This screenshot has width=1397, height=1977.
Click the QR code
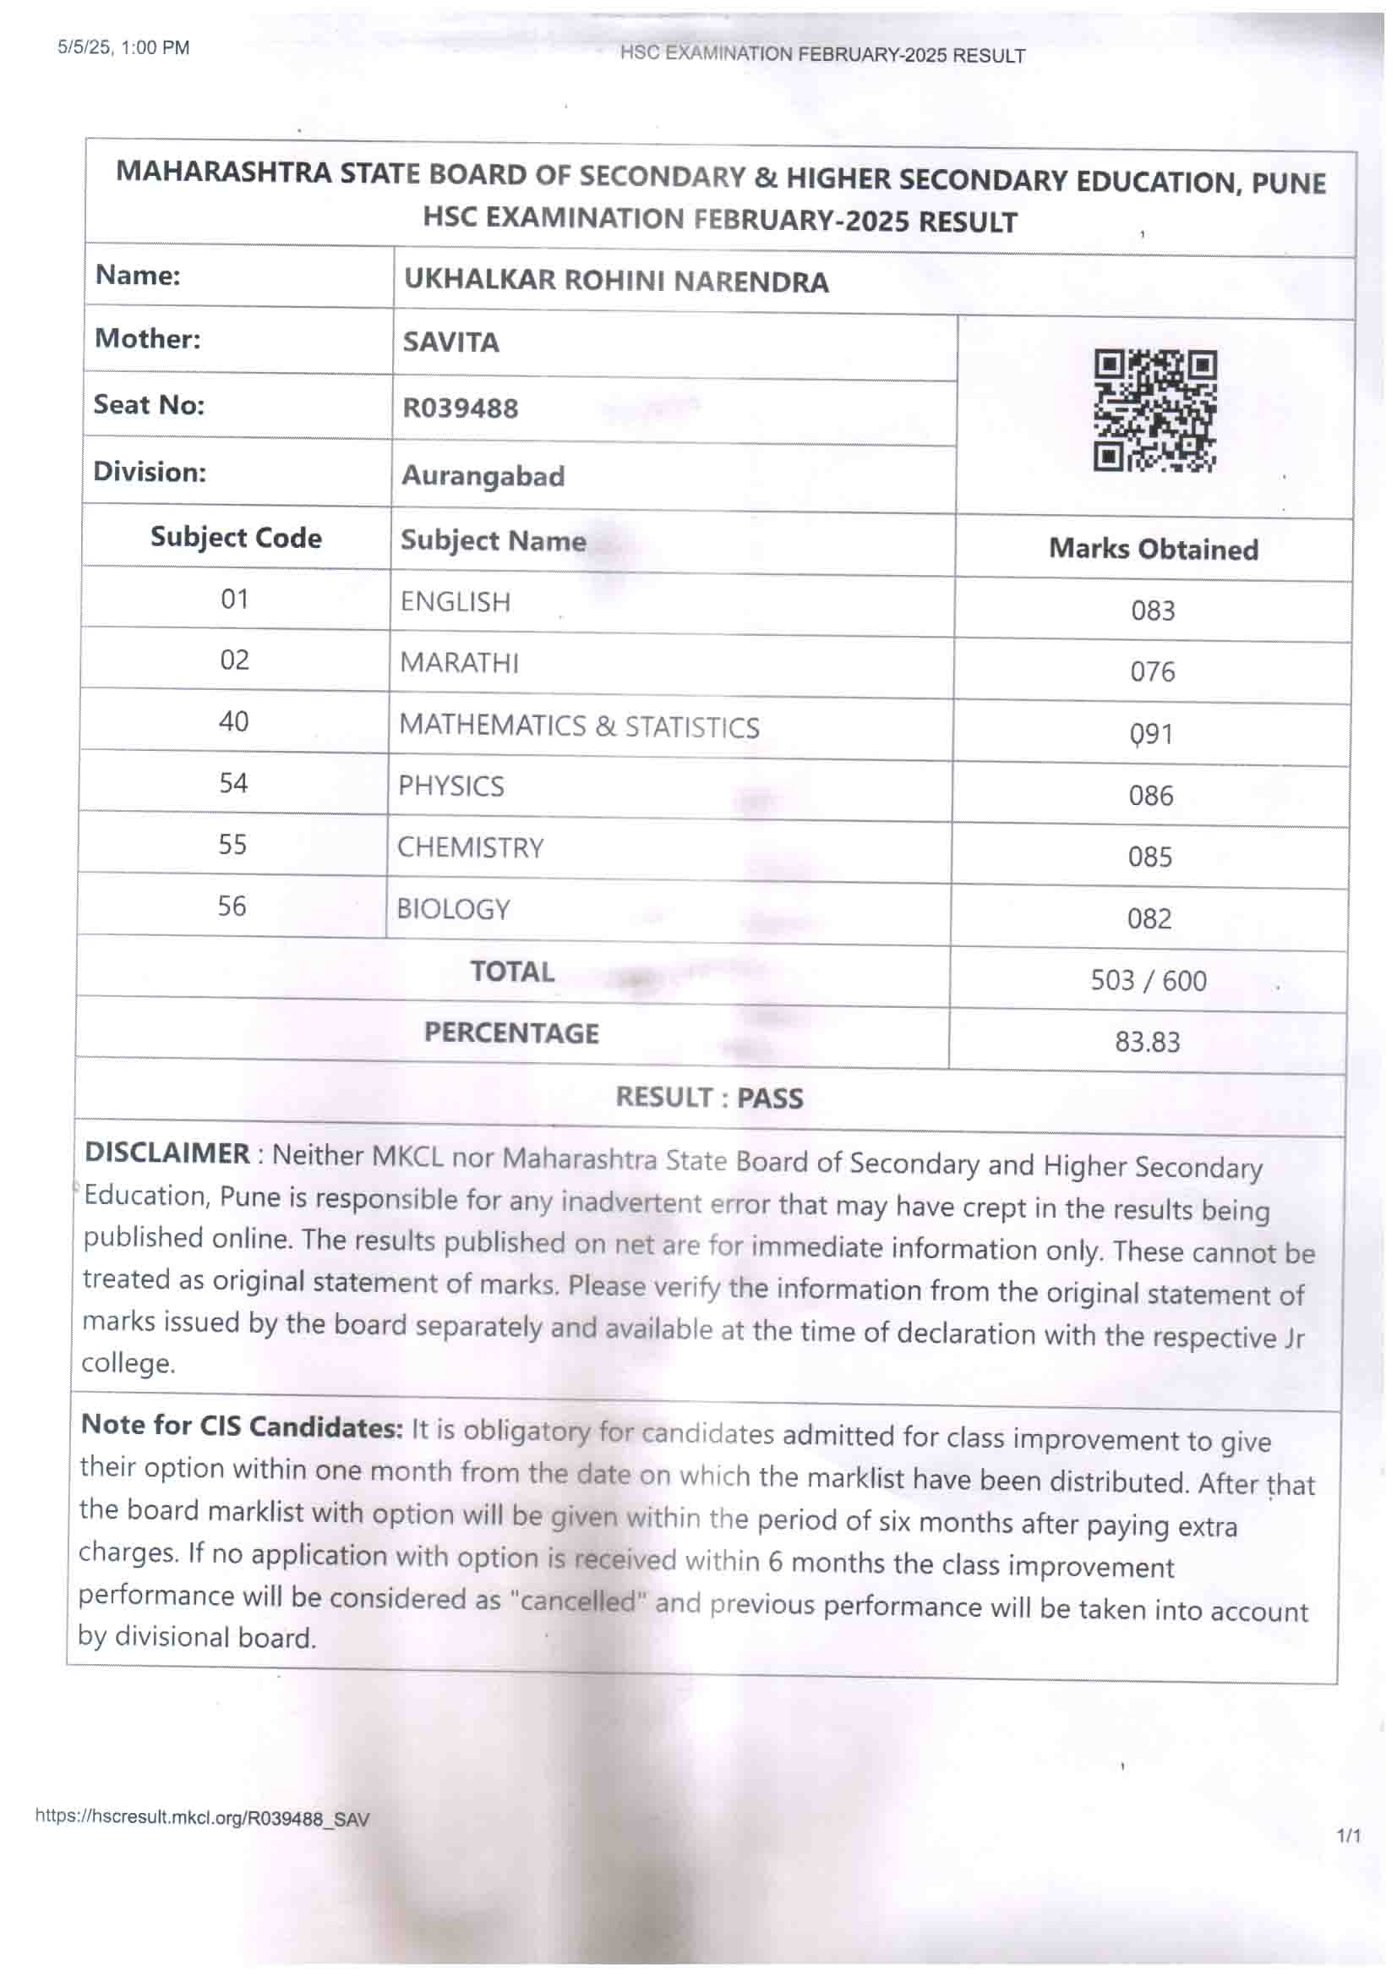(x=1155, y=411)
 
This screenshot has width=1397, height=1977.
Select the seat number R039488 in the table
(x=461, y=408)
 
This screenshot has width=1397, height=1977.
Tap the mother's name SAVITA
(x=451, y=342)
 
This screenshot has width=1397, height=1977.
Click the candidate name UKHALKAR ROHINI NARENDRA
(x=616, y=282)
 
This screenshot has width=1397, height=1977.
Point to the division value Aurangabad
(x=483, y=475)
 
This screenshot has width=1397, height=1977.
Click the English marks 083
(x=1153, y=611)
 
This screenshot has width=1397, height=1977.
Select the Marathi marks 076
(x=1153, y=671)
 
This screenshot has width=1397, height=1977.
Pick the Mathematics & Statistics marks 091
(x=1152, y=734)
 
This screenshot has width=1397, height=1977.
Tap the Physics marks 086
(x=1151, y=796)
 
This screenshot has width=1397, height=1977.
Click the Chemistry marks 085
(x=1150, y=857)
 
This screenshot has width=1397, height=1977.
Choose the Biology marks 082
(x=1149, y=919)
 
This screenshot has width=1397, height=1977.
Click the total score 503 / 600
(x=1149, y=980)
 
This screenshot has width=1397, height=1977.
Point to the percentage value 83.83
(x=1148, y=1042)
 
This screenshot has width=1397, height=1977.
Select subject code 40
(x=233, y=720)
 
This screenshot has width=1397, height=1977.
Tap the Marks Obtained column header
(x=1154, y=549)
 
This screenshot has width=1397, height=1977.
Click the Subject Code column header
(x=236, y=537)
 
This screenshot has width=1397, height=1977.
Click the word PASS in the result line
(x=770, y=1098)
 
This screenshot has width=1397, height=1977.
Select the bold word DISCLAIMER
(x=167, y=1153)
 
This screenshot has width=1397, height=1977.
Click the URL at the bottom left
(x=202, y=1819)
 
